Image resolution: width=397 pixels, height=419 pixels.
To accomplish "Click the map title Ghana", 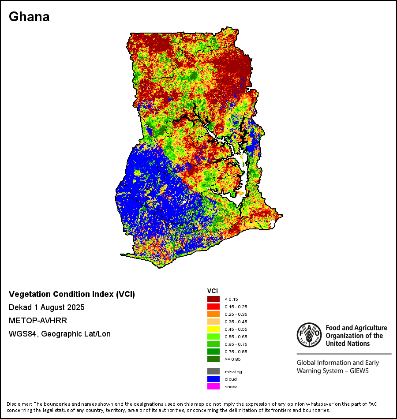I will click(29, 17).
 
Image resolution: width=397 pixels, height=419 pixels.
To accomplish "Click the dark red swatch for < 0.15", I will click(213, 299).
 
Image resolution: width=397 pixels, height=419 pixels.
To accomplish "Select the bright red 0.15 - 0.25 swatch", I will click(213, 307).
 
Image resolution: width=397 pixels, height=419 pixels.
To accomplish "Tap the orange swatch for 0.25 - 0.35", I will click(213, 314).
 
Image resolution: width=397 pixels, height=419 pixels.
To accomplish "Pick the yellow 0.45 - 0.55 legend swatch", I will click(213, 329).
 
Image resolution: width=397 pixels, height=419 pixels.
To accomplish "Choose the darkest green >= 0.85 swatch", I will click(213, 359).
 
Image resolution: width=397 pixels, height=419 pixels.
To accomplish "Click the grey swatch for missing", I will click(213, 371).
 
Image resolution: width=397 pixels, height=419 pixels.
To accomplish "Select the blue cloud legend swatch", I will click(213, 379).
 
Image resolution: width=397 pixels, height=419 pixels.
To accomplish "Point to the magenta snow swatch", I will click(213, 386).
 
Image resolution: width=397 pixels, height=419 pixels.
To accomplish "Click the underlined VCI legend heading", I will click(212, 291).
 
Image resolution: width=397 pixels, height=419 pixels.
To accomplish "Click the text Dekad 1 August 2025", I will click(47, 307).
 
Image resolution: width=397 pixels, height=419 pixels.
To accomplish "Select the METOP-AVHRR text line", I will click(38, 321).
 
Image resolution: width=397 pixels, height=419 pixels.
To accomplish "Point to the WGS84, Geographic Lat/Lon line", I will click(60, 334).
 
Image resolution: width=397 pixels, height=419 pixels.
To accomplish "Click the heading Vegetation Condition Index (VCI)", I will click(72, 294).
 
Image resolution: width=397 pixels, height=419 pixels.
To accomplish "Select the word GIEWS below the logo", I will click(359, 371).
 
